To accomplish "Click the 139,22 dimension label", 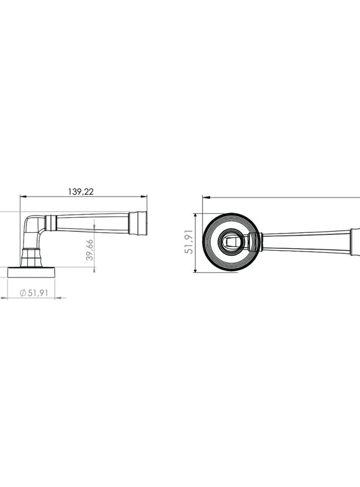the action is coord(81,192).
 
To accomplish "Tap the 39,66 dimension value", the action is coord(89,249).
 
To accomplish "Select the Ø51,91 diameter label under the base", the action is coord(34,293).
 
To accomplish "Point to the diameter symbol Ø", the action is coord(23,293).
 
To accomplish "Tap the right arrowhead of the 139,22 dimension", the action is coord(144,196).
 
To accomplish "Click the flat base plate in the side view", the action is coord(31,272).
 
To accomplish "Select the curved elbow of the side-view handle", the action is coord(31,223).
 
